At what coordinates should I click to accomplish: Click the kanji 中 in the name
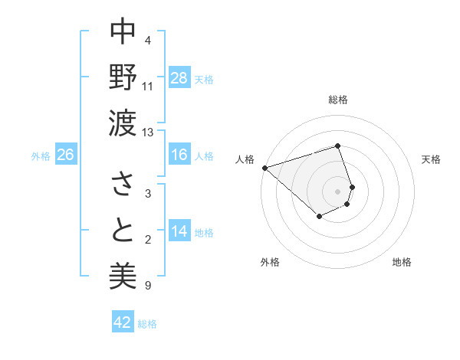(123, 32)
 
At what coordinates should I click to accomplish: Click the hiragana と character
(123, 230)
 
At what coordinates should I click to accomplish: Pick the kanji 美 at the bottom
(123, 274)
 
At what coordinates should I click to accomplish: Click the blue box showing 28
(179, 77)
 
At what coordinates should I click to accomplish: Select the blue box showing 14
(179, 231)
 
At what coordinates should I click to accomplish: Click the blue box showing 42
(123, 322)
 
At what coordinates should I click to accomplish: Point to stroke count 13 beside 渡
(148, 133)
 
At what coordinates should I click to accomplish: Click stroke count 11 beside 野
(148, 86)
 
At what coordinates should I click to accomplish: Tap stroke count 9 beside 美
(148, 286)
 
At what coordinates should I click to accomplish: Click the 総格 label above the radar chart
(338, 100)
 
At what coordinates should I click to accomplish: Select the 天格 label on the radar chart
(431, 159)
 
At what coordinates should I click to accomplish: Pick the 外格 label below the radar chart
(270, 263)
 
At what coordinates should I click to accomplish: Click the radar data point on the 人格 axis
(264, 167)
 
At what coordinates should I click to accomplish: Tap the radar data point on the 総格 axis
(338, 146)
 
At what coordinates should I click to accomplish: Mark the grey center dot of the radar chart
(338, 191)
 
